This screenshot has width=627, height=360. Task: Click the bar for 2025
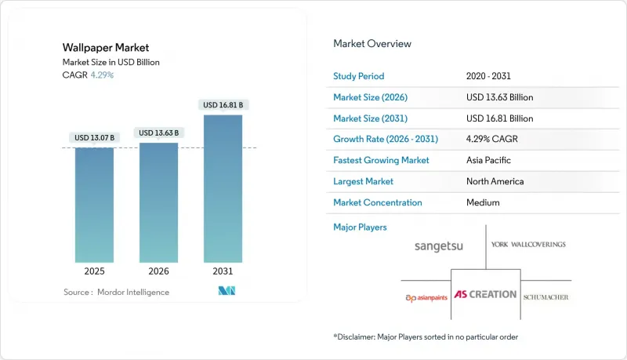point(94,205)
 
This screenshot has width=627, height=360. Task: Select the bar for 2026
point(158,202)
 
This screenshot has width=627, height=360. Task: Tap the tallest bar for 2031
point(223,188)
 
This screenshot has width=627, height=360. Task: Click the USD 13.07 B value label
point(94,138)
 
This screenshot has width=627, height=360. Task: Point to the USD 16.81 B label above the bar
point(223,105)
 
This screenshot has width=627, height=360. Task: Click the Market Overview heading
point(372,44)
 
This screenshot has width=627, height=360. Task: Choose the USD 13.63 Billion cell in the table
point(499,97)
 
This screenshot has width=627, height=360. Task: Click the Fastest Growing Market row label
point(382,160)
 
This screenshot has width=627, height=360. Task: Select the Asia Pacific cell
point(489,160)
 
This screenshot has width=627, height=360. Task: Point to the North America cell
point(495,181)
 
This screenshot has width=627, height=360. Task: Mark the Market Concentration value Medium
point(482,202)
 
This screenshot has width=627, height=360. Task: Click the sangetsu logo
point(439,245)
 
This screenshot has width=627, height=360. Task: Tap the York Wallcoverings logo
point(527,245)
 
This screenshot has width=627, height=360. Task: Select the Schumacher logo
point(547,297)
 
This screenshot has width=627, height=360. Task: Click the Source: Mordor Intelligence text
point(117,292)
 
